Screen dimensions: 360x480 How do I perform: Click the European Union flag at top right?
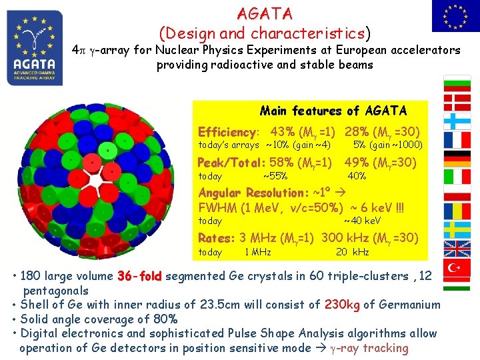click(455, 16)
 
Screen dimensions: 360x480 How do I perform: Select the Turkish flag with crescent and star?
click(457, 267)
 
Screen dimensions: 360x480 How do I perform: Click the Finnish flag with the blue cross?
click(457, 121)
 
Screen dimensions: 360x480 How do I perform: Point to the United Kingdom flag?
click(457, 249)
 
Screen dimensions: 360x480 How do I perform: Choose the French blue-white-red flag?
click(457, 139)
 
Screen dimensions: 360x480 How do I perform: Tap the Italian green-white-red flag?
click(457, 176)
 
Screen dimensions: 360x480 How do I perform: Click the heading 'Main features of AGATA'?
click(333, 111)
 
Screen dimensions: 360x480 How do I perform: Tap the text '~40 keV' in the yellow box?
click(362, 221)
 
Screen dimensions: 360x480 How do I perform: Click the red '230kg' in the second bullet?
click(342, 305)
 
